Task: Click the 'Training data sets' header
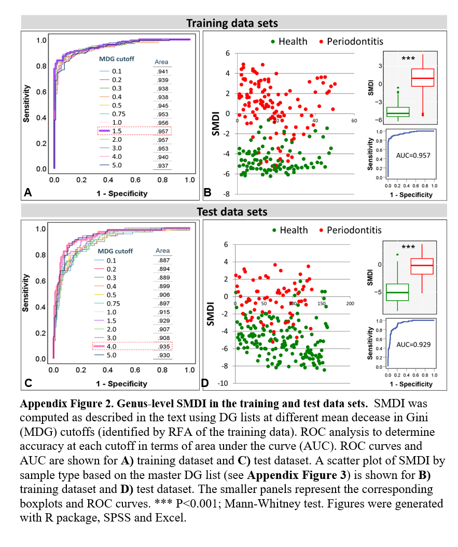232,23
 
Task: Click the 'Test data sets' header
232,211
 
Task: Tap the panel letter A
28,193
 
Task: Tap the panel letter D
205,383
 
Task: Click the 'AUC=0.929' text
413,344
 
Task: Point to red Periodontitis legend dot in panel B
322,42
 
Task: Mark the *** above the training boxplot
408,59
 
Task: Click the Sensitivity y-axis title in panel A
26,104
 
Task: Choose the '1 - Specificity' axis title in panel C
122,384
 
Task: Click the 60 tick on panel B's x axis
354,121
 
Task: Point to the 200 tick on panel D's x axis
350,303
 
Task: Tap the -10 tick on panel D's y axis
224,383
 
